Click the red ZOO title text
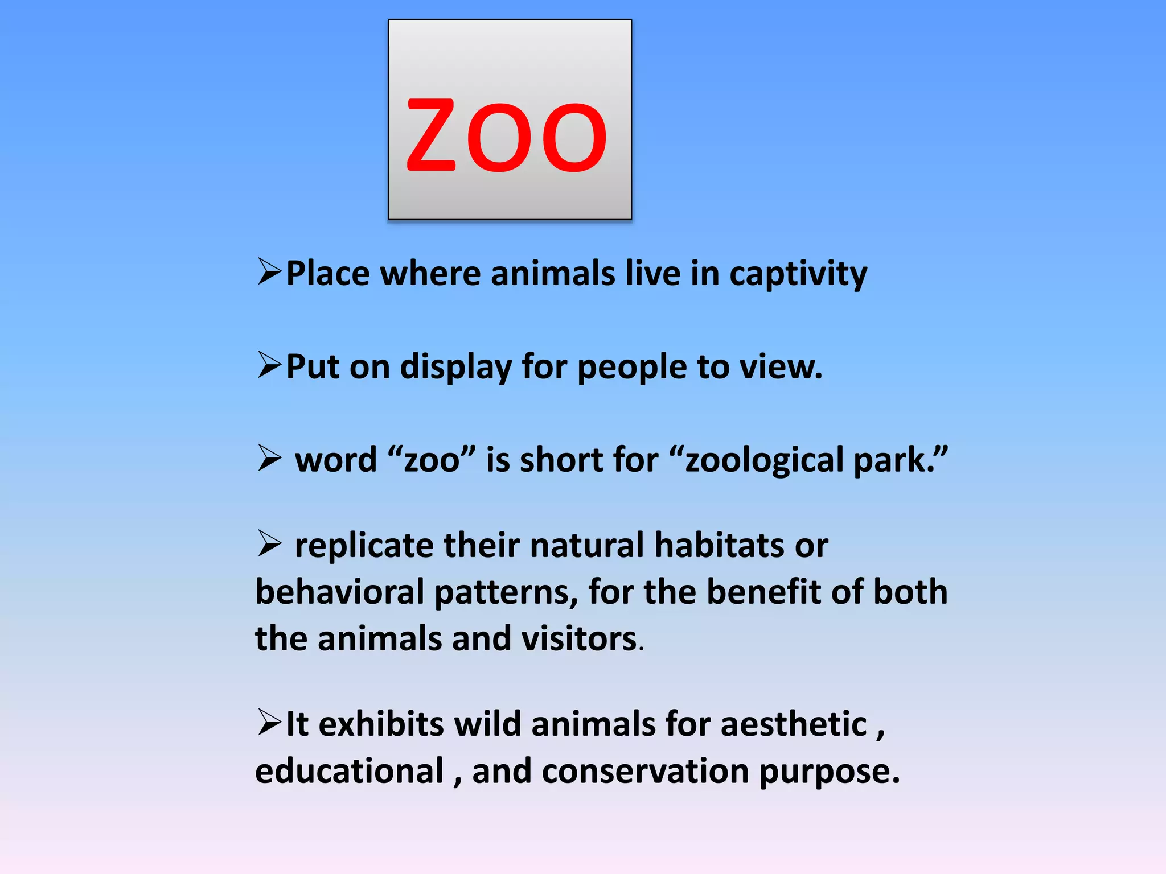click(506, 135)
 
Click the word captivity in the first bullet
click(798, 274)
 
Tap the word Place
click(327, 274)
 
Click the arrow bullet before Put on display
click(269, 365)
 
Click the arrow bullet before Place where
click(269, 271)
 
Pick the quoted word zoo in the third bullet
click(432, 460)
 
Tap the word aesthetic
click(794, 724)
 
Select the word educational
click(349, 772)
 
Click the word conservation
click(646, 772)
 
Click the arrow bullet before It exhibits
click(269, 722)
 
